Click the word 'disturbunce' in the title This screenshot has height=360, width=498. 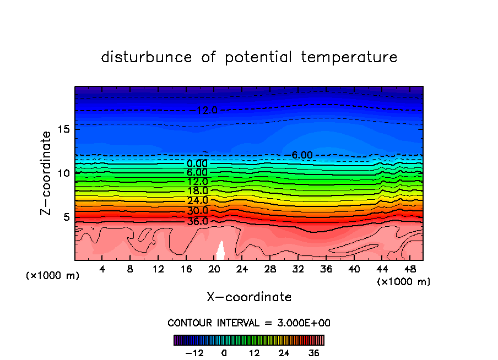[147, 57]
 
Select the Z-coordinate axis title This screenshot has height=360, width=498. [47, 173]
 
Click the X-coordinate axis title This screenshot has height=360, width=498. [249, 297]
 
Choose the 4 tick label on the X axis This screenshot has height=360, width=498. [102, 269]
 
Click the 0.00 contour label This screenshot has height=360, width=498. [197, 163]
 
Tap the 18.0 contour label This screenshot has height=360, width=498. [197, 191]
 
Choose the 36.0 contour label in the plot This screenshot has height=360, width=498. [197, 221]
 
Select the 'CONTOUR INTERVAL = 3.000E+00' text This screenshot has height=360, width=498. [249, 323]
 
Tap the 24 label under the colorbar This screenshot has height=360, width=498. [284, 353]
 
